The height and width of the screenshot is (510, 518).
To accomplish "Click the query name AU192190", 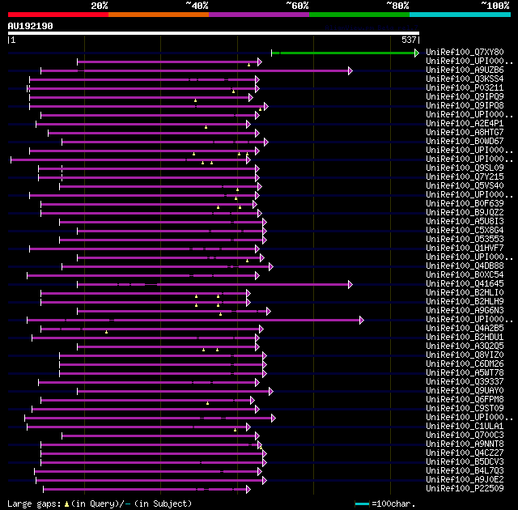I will (x=31, y=26).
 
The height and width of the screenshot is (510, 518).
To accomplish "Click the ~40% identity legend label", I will (x=197, y=5).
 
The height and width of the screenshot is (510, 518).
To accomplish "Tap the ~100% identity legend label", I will (x=495, y=5).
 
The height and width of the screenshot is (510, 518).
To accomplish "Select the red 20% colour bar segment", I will (x=57, y=15).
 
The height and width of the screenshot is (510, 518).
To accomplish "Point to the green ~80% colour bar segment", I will (x=359, y=15).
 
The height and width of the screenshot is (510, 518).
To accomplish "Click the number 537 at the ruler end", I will (x=409, y=40).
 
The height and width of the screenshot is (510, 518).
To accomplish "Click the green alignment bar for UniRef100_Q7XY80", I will (x=348, y=53).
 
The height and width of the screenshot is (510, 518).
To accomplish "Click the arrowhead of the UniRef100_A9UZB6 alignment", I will (x=350, y=70).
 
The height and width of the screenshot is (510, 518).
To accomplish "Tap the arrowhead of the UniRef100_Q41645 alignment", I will (x=350, y=284).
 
